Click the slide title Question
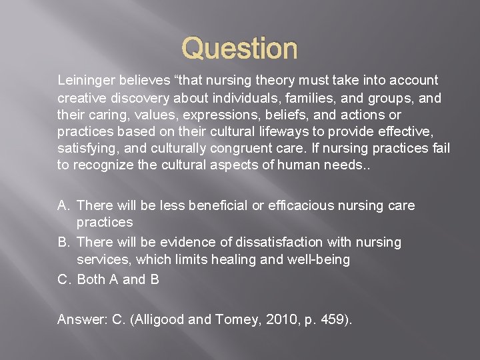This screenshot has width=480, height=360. point(239,49)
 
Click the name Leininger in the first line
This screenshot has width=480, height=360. point(86,81)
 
